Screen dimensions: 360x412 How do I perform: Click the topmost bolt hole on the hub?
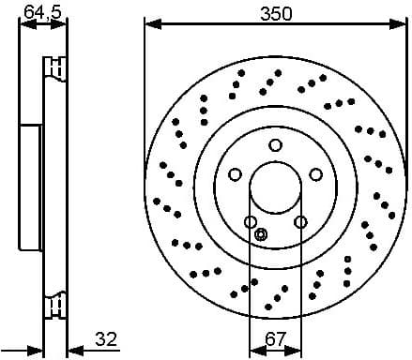[x=275, y=144]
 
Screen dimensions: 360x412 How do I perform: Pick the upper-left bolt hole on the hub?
[x=235, y=173]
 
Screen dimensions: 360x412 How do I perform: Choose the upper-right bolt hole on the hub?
[x=316, y=173]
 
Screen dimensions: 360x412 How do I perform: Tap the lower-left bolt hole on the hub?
[x=251, y=221]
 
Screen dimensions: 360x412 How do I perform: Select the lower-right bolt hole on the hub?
[x=300, y=221]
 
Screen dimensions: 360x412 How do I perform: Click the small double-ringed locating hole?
[x=262, y=234]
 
